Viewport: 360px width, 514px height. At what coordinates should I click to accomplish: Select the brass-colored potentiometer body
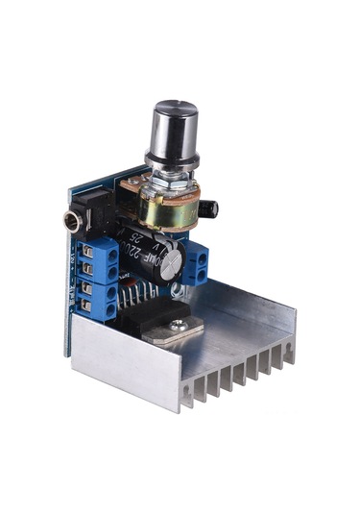pos(168,206)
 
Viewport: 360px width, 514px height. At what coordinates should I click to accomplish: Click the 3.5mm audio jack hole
pos(71,222)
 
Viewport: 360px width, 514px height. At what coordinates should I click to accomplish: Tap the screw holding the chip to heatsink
pos(177,326)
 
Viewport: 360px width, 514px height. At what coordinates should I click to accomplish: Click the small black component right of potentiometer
pos(209,208)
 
